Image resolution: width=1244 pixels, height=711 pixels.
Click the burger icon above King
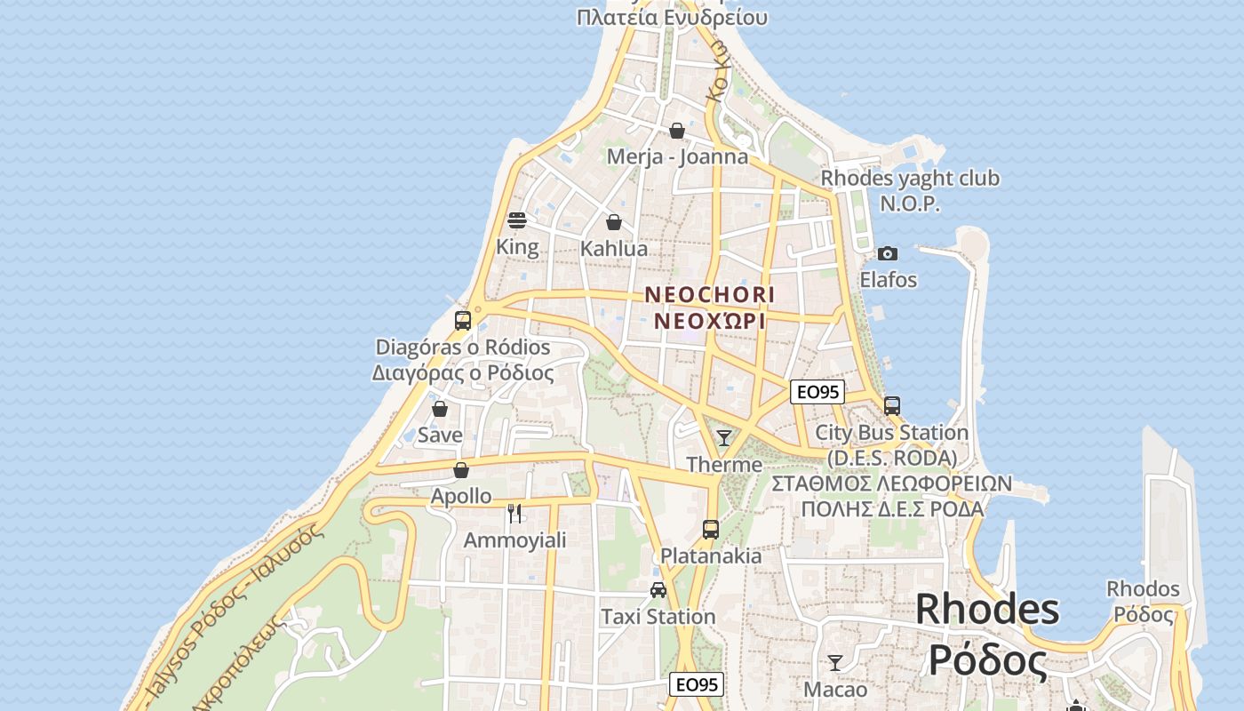point(517,220)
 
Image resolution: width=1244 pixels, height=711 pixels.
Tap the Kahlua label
point(614,249)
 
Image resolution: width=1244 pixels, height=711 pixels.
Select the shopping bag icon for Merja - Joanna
point(677,132)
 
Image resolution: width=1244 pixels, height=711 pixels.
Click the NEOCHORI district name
point(710,294)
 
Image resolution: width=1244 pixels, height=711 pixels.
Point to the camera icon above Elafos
point(887,254)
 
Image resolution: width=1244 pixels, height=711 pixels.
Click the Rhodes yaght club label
point(910,179)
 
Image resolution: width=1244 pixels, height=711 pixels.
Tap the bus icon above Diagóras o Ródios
point(463,321)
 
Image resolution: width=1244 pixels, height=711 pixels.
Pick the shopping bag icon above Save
point(440,409)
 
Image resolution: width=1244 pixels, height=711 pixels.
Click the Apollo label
point(461,496)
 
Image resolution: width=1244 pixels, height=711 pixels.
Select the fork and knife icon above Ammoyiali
point(514,513)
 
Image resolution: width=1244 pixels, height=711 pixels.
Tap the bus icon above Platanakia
point(711,530)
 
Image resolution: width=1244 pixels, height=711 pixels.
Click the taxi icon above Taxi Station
point(658,589)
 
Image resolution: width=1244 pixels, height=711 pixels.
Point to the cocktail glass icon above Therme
point(724,437)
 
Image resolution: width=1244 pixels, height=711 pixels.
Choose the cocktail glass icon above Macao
point(835,663)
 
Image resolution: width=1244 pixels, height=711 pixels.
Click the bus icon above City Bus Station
point(892,406)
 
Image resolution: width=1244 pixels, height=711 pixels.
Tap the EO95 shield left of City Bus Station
point(817,392)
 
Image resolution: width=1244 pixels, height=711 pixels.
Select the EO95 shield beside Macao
point(697,684)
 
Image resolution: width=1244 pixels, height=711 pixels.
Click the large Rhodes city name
point(987,610)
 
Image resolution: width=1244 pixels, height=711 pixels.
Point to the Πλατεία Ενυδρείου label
point(672,17)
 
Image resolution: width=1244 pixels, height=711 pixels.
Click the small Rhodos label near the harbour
point(1143,589)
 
